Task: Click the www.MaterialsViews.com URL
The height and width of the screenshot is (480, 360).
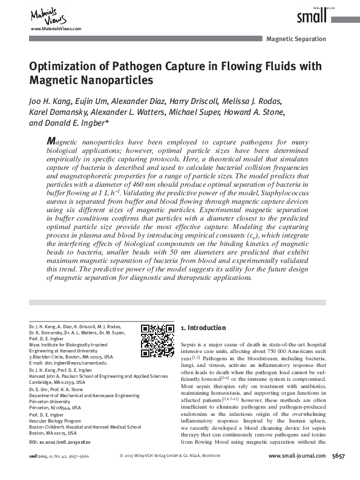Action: click(x=55, y=29)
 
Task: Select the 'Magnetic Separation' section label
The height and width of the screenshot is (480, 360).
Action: click(x=296, y=39)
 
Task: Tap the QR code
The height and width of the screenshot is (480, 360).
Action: click(x=157, y=341)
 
